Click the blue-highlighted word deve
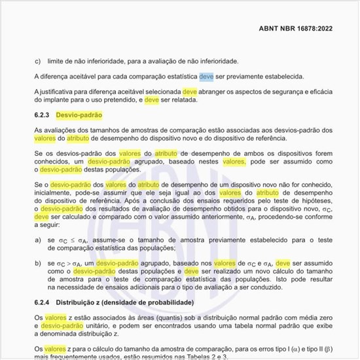click(206, 76)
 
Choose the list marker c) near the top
click(37, 61)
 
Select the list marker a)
click(37, 240)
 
